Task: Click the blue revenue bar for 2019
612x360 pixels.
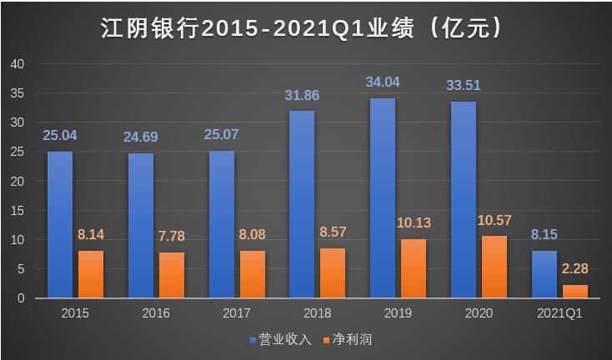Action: point(382,198)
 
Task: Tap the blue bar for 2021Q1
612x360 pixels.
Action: point(544,274)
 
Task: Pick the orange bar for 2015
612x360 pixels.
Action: point(91,274)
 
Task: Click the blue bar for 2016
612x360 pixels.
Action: point(140,226)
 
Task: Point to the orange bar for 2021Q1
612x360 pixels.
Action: point(575,292)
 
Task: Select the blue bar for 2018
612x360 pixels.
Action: point(301,204)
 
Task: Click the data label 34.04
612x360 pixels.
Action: point(382,82)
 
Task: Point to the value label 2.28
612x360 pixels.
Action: point(575,269)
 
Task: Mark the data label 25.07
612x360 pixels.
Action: point(221,135)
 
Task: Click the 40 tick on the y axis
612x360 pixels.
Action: point(18,64)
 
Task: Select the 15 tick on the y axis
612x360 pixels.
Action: point(18,211)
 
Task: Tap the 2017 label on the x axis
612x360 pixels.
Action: point(237,314)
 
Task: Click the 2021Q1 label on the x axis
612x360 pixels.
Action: point(559,314)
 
